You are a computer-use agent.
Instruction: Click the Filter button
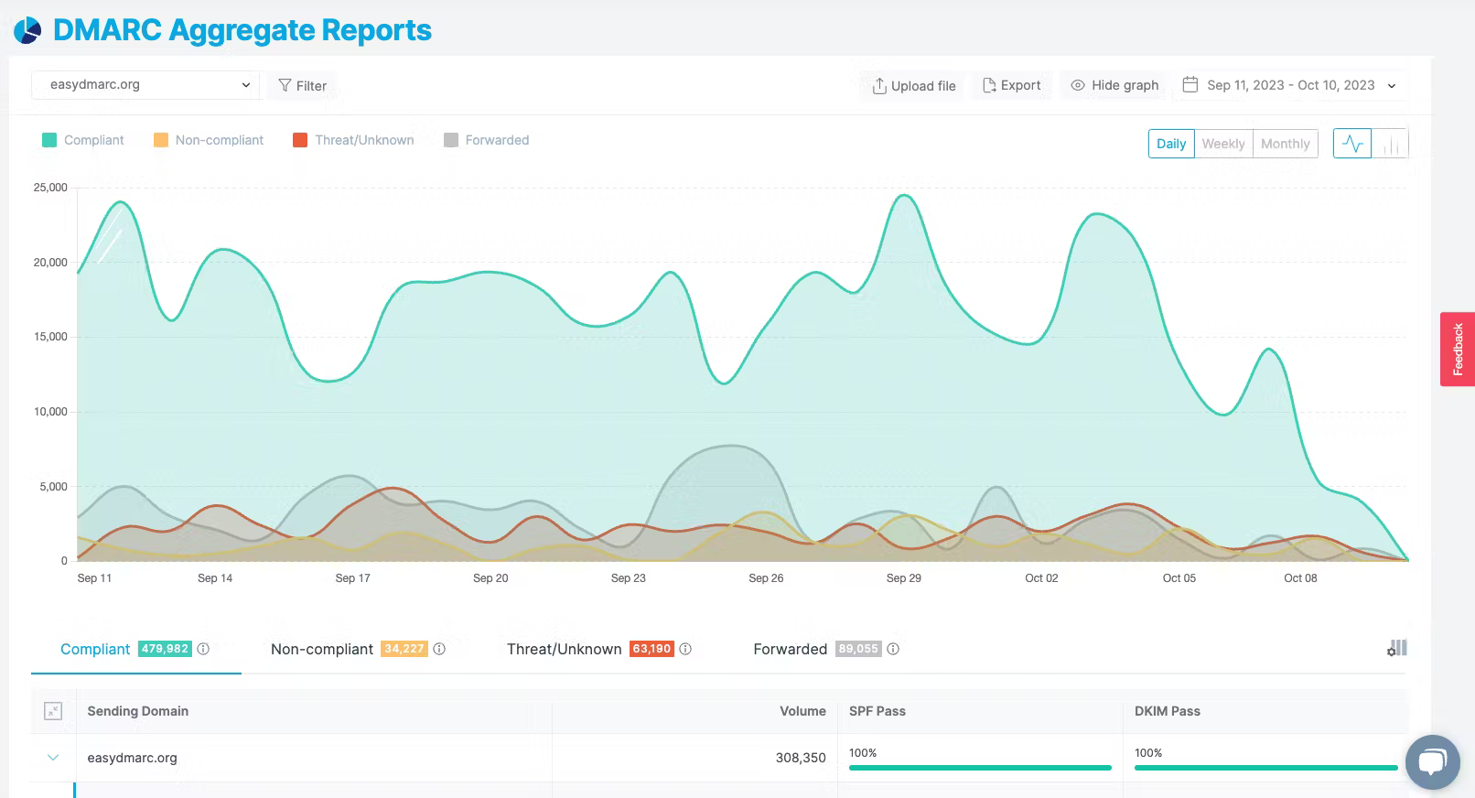(302, 86)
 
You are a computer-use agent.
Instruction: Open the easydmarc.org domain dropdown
(145, 85)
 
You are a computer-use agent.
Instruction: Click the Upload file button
(913, 86)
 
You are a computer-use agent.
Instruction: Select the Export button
(1011, 86)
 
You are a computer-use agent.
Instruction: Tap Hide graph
(1114, 86)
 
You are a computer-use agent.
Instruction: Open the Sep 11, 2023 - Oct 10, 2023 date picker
(1290, 86)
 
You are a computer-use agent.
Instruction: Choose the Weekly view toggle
(1222, 144)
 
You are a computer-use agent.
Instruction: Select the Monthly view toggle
(1285, 144)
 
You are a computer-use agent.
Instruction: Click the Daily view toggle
(1171, 144)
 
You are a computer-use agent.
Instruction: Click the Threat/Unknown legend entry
(353, 140)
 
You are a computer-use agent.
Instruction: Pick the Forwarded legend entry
(487, 140)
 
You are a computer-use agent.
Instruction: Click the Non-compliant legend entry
(208, 140)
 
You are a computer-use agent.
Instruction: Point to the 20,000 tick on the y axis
(50, 262)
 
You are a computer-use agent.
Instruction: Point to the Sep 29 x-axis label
(903, 578)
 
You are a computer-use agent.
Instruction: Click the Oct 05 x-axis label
(1179, 578)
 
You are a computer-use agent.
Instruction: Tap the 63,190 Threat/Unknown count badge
(651, 649)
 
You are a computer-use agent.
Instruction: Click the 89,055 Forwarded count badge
(858, 649)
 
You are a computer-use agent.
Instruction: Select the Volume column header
(802, 711)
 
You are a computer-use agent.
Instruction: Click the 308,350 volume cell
(800, 758)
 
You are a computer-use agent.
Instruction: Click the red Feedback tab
(1458, 349)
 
